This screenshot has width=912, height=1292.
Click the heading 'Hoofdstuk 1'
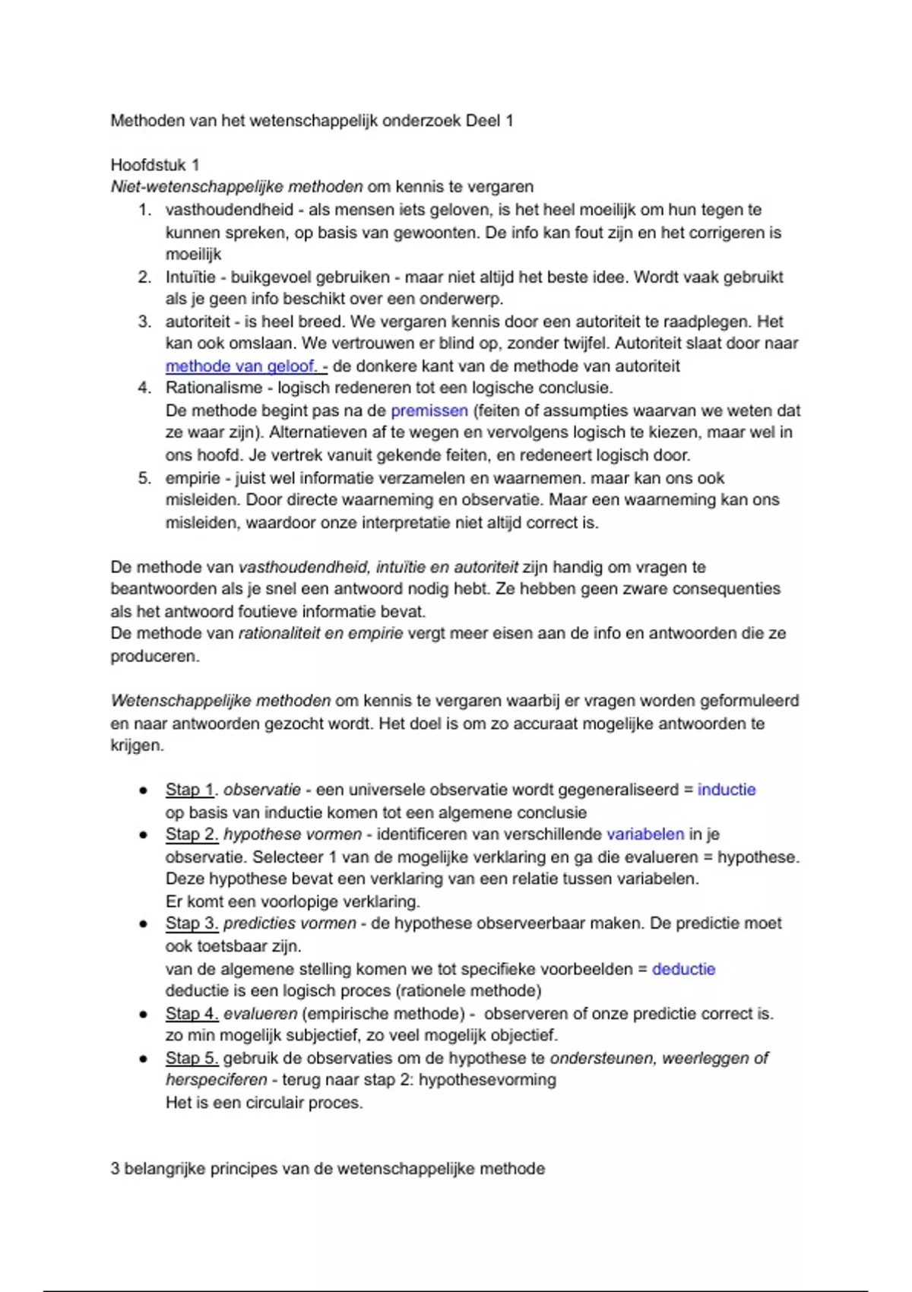(x=155, y=165)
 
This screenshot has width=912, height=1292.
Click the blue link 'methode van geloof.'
(x=242, y=366)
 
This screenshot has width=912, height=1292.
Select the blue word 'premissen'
(x=429, y=411)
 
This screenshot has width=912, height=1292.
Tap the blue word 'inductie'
(x=727, y=790)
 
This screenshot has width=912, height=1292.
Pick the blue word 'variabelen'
(x=645, y=834)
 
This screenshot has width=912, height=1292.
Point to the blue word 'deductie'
(x=684, y=969)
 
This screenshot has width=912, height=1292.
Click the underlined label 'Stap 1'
(x=190, y=790)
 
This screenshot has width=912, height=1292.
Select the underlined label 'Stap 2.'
(x=192, y=834)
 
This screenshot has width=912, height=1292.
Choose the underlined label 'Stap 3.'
(x=192, y=923)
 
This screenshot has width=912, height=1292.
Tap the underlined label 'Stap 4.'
(x=192, y=1014)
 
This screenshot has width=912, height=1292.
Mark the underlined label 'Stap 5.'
(x=192, y=1058)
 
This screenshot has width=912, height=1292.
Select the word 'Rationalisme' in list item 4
(x=213, y=388)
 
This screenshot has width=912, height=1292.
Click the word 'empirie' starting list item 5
(x=193, y=478)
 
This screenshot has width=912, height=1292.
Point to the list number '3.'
(x=144, y=321)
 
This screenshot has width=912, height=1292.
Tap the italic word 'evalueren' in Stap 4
(x=260, y=1014)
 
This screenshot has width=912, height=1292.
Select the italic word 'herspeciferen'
(x=217, y=1080)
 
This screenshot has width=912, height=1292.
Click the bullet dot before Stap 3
(x=143, y=924)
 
